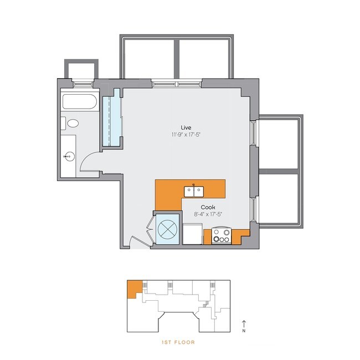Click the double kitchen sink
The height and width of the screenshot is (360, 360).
[193, 191]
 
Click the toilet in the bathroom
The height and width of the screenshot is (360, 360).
[71, 124]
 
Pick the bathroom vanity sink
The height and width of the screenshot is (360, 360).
[69, 157]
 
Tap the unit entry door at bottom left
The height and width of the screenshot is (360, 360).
[133, 243]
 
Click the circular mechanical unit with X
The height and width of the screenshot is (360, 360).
[167, 228]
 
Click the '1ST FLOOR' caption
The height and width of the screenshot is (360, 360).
[178, 342]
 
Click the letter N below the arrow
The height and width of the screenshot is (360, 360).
[244, 331]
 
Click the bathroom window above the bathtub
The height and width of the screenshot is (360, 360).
[82, 83]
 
